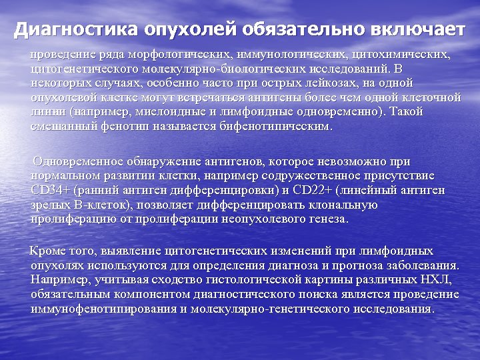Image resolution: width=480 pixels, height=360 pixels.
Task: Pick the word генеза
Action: pos(325,218)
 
